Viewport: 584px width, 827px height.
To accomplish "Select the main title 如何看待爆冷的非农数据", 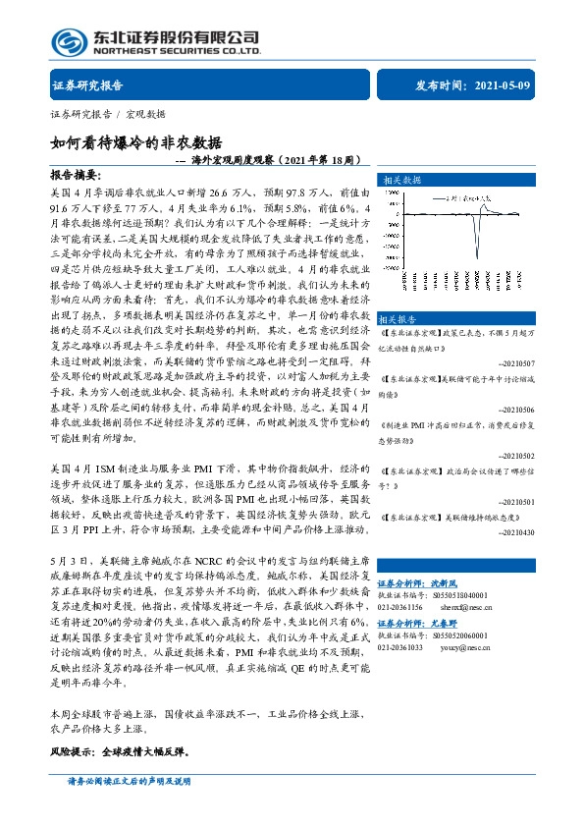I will pos(136,141).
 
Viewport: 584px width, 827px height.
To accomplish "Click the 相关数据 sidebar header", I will pos(401,181).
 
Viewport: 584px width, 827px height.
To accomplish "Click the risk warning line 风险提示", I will pos(118,752).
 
